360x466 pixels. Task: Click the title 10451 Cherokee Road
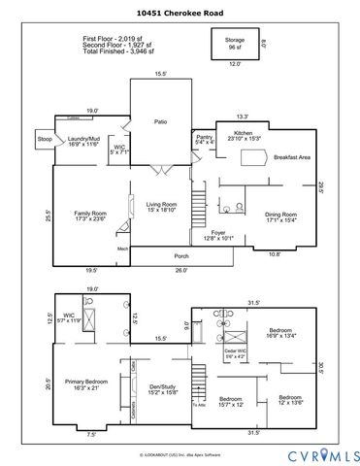[x=180, y=15]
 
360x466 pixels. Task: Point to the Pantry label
[x=204, y=139]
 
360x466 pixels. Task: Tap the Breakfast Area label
[x=291, y=157]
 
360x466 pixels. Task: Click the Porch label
[x=180, y=256]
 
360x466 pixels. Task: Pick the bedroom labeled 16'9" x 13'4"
[x=285, y=333]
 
